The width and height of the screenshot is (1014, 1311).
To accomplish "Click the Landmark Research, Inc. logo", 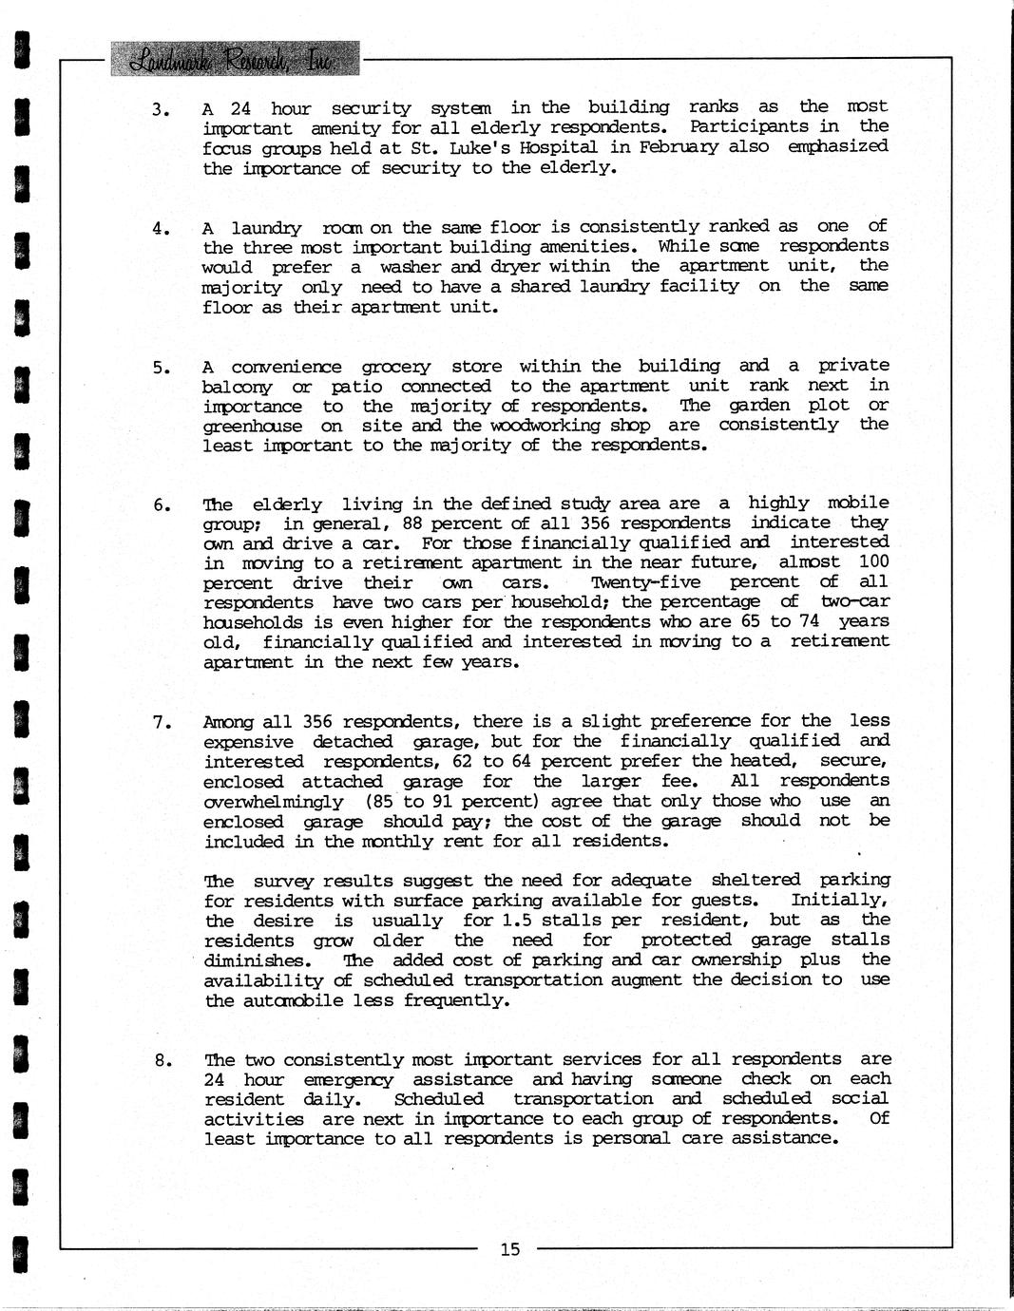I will click(235, 59).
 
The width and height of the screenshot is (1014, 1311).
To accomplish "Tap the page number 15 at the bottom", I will click(510, 1248).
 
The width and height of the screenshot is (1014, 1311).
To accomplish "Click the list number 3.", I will click(161, 109).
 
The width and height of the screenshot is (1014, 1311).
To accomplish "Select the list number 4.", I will click(161, 228).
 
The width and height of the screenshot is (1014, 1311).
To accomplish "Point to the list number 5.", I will click(161, 367).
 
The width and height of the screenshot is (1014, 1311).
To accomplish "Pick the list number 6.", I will click(161, 505).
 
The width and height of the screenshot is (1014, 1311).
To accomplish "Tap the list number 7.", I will click(161, 723).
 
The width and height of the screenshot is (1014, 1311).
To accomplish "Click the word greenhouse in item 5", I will click(252, 427).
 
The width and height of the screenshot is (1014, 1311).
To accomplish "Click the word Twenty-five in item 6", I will click(645, 582).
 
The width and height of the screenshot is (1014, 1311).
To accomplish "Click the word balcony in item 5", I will click(237, 388).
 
